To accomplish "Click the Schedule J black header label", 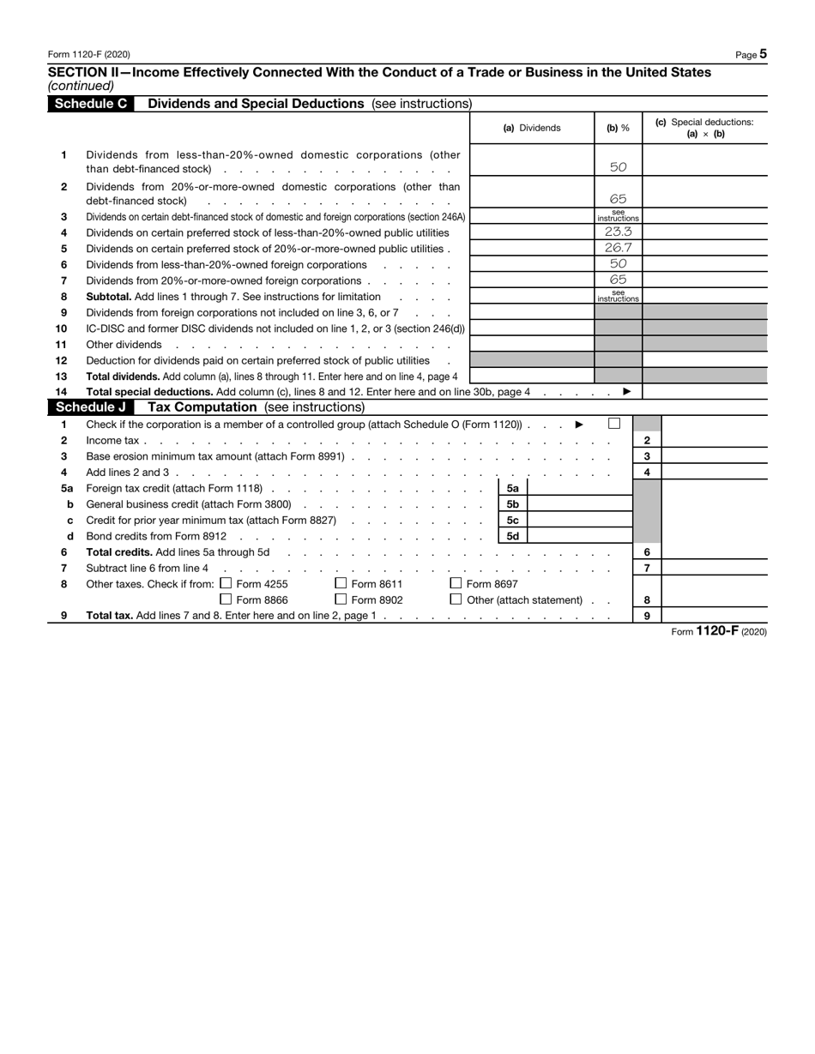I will (91, 407).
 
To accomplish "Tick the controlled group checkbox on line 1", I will (613, 424).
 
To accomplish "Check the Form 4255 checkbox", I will (226, 584).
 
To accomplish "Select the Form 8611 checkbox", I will (341, 584).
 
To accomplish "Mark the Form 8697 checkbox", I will (456, 584).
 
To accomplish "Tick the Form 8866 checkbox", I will (226, 599).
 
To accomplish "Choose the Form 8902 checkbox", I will (341, 599).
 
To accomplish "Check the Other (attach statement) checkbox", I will (456, 599).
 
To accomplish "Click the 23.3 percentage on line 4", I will (618, 232).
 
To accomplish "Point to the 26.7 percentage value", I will (618, 248).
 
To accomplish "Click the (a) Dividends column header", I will (532, 128).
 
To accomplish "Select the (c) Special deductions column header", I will (704, 128).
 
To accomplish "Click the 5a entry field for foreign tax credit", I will (578, 488).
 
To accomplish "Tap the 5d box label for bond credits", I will (512, 536).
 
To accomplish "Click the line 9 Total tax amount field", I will (714, 616).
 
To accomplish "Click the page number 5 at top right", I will (763, 54).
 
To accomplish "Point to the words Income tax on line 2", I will (112, 440).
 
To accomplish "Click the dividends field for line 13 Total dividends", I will (532, 376).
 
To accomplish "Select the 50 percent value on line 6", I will (618, 264).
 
